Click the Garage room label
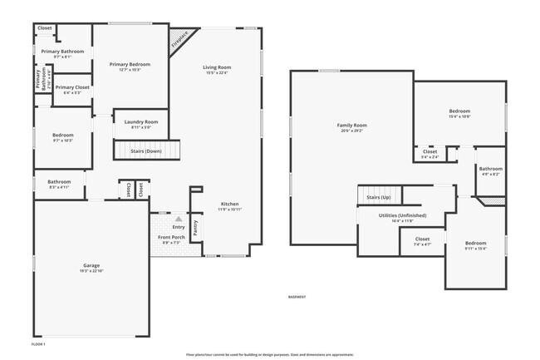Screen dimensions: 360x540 point(91,266)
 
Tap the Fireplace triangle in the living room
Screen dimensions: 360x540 point(179,42)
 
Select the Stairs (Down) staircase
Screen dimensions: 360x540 point(147,150)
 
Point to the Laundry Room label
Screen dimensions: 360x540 point(140,122)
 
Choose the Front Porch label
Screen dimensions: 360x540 point(171,238)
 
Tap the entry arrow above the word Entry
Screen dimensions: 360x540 point(178,219)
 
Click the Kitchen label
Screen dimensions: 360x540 point(229,205)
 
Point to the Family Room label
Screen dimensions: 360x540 point(352,126)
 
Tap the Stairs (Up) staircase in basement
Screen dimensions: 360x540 point(379,197)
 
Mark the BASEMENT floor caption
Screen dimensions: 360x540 point(297,297)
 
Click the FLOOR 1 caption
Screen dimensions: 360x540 point(38,343)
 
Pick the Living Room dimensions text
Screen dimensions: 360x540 point(217,73)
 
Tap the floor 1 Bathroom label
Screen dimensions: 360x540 point(59,182)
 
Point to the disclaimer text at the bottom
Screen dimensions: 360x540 point(270,354)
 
